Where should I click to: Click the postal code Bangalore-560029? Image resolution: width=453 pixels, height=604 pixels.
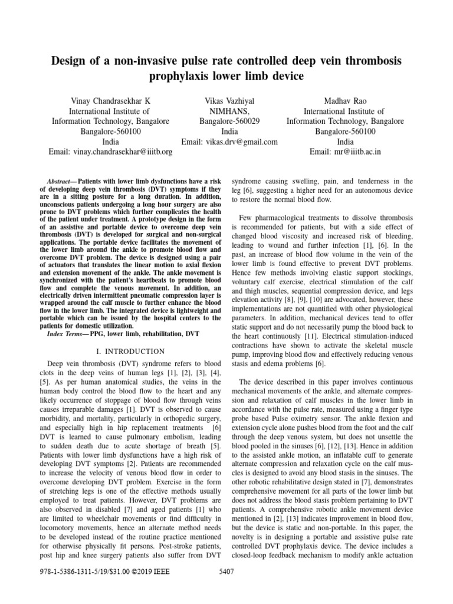point(229,121)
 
